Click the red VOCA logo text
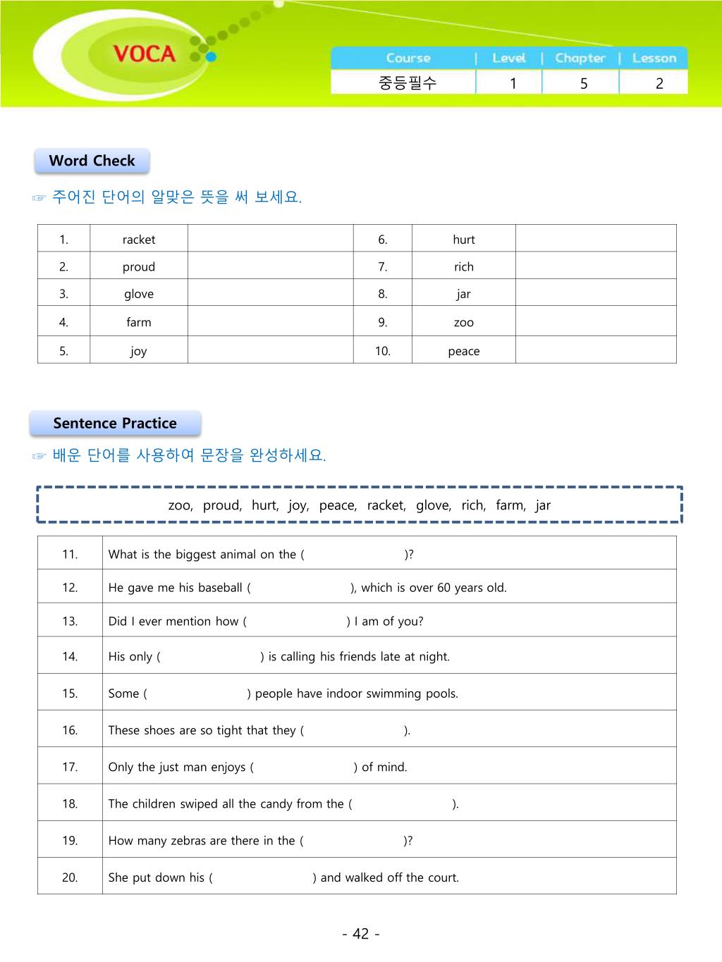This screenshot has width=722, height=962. (x=144, y=54)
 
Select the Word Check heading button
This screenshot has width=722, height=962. (x=92, y=161)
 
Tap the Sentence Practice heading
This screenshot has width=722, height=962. (x=115, y=424)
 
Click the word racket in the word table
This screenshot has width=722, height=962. (x=139, y=240)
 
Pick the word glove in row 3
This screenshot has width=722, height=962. (x=139, y=295)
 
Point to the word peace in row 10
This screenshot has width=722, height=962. (x=464, y=351)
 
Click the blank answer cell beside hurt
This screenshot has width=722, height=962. (x=596, y=239)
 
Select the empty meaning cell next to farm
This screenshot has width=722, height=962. (x=270, y=322)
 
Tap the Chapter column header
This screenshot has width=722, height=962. (x=580, y=58)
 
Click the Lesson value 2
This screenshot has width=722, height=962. (x=659, y=83)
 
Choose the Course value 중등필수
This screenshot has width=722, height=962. (x=408, y=83)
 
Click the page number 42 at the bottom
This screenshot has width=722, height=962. (x=361, y=934)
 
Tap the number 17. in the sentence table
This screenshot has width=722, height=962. (x=70, y=767)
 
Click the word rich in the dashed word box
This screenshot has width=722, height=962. (x=473, y=505)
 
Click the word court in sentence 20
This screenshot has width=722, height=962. (x=440, y=878)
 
